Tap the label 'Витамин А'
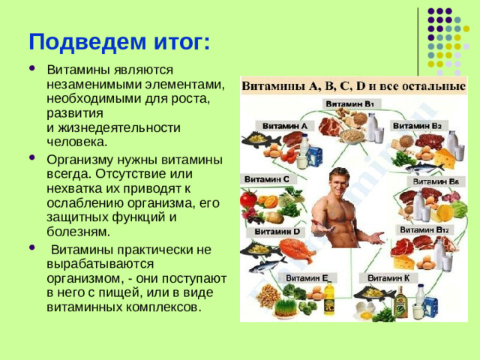pos(283,126)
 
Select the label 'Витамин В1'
pos(351,103)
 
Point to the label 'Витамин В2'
pos(419,125)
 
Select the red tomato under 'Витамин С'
pos(248,199)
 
